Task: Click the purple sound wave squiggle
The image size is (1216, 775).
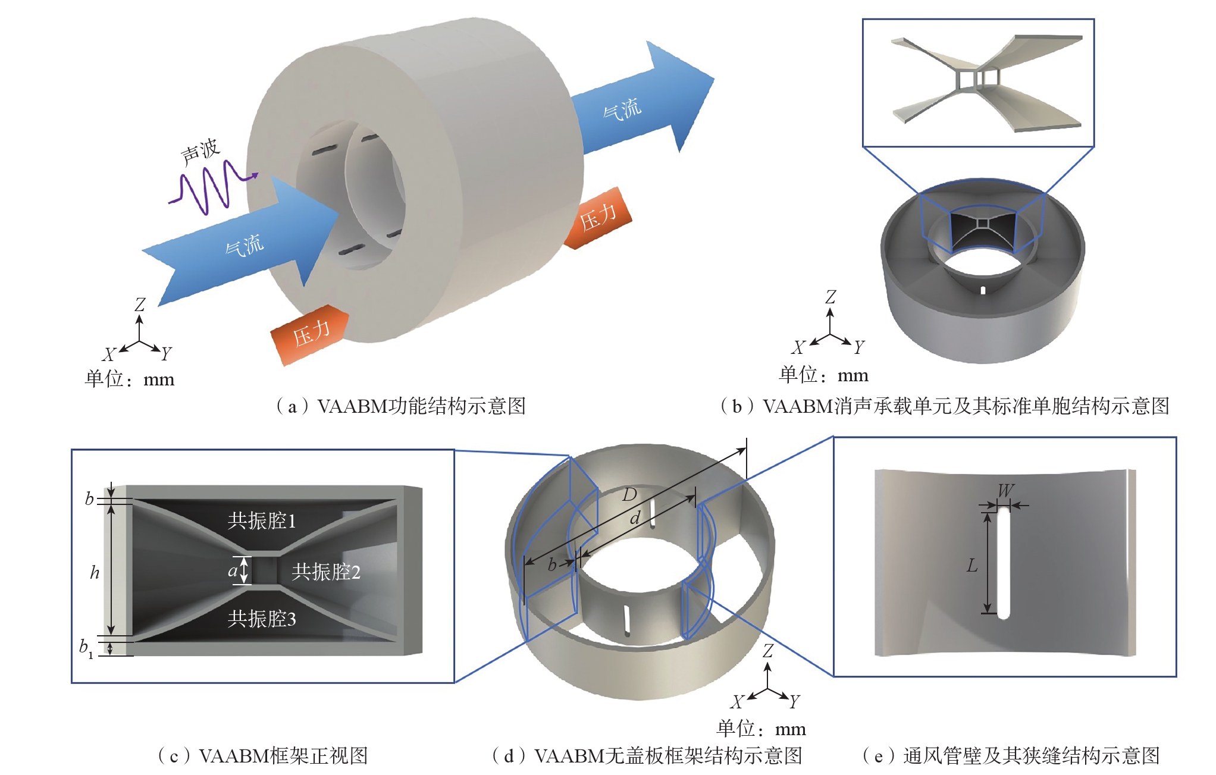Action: pyautogui.click(x=211, y=186)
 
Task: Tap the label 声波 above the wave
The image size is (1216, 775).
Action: pyautogui.click(x=200, y=152)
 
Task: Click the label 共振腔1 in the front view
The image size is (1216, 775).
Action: pyautogui.click(x=261, y=521)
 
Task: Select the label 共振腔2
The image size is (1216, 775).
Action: pyautogui.click(x=326, y=572)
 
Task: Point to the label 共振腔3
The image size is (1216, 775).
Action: pyautogui.click(x=261, y=619)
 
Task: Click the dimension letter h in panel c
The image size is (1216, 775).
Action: pyautogui.click(x=95, y=573)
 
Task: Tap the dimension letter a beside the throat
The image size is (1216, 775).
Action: pyautogui.click(x=233, y=572)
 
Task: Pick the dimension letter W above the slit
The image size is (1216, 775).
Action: pyautogui.click(x=1005, y=491)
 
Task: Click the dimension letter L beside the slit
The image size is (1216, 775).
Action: pyautogui.click(x=972, y=566)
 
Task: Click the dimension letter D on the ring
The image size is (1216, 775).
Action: pyautogui.click(x=629, y=495)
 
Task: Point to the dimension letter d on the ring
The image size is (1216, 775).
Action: pyautogui.click(x=635, y=519)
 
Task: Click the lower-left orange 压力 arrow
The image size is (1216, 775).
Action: pyautogui.click(x=309, y=335)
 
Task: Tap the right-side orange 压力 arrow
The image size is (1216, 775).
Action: pyautogui.click(x=598, y=218)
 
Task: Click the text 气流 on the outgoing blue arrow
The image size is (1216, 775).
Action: pyautogui.click(x=622, y=109)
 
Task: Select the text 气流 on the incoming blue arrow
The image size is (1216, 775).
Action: pyautogui.click(x=245, y=245)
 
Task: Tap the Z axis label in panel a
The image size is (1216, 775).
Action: pyautogui.click(x=140, y=305)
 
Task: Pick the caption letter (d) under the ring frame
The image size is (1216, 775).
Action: pyautogui.click(x=509, y=756)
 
